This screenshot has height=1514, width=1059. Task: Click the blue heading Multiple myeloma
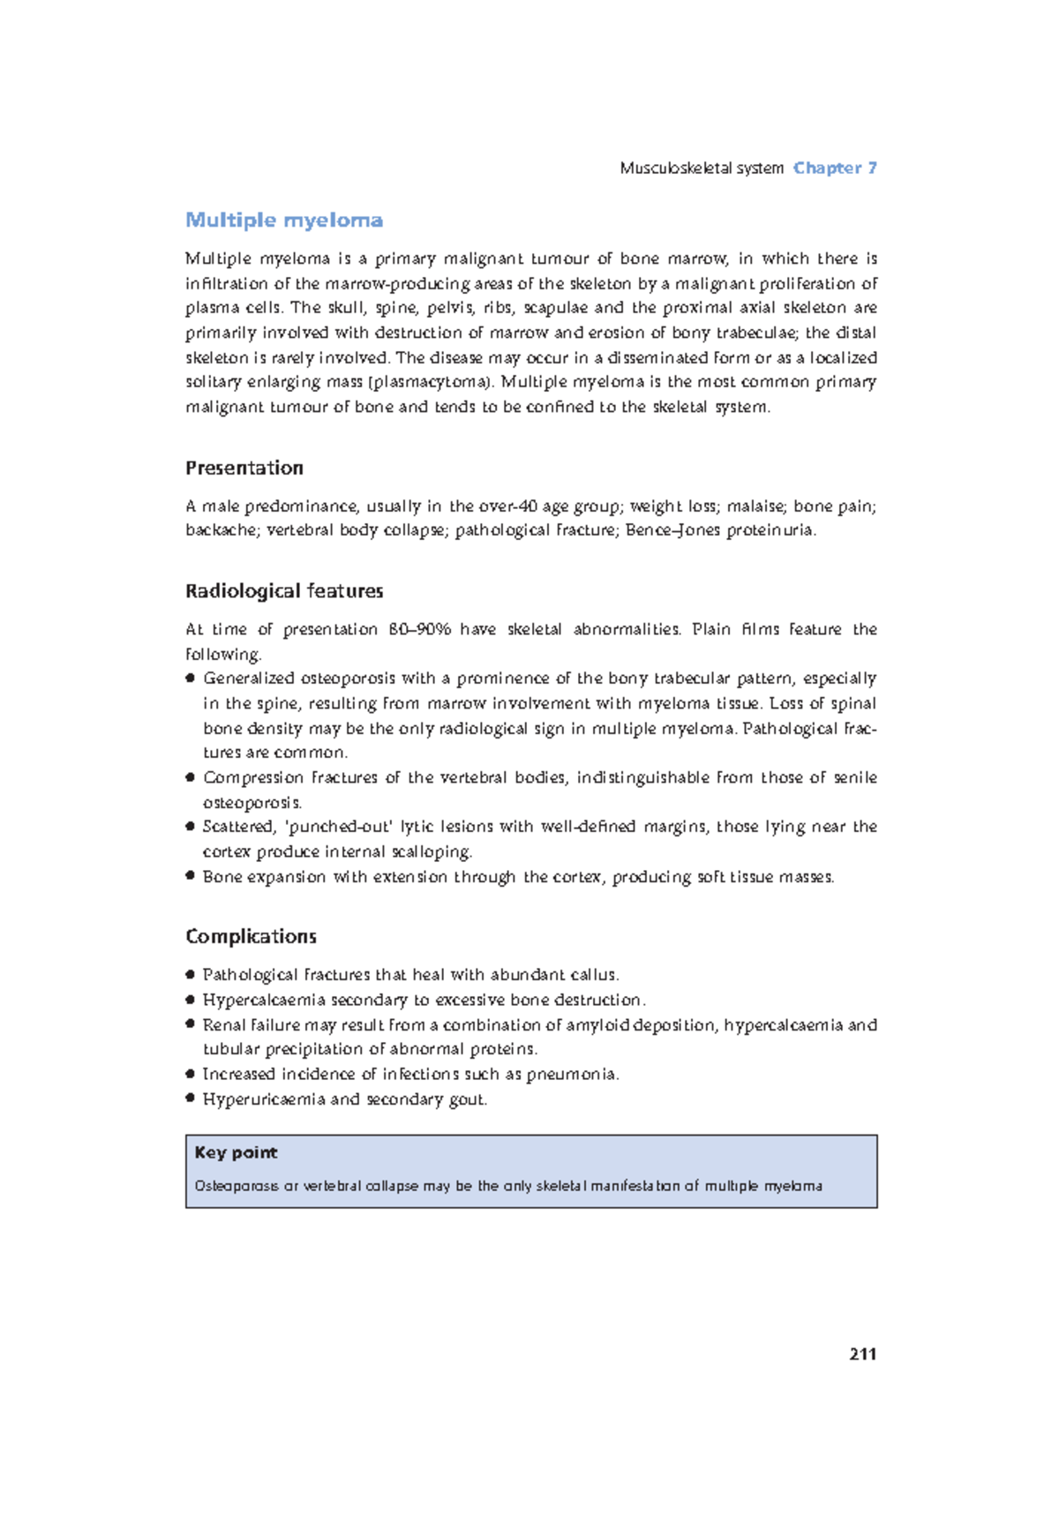click(283, 220)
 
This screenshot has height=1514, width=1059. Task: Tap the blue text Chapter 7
click(835, 168)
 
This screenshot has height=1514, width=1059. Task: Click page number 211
click(862, 1354)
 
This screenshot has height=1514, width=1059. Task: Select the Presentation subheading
click(244, 468)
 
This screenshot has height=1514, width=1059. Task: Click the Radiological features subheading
click(284, 590)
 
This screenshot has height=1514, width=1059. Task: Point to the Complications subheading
click(251, 936)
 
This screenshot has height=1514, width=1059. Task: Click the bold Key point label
click(236, 1152)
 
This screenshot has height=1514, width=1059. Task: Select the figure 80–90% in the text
click(419, 629)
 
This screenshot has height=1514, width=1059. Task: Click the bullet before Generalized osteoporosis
click(190, 678)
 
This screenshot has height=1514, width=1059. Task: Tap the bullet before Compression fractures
click(190, 777)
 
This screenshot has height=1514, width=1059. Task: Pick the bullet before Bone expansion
click(190, 876)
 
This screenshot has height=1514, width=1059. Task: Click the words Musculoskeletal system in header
click(702, 168)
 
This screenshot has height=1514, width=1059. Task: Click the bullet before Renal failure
click(190, 1024)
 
